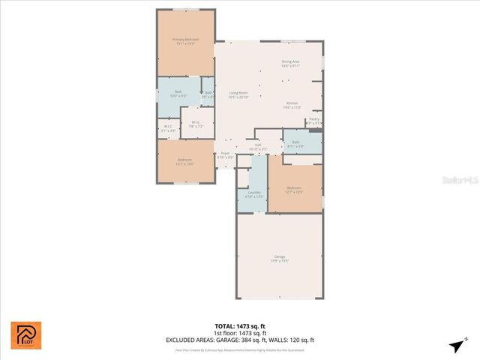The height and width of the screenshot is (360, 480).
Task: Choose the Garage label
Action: click(x=279, y=259)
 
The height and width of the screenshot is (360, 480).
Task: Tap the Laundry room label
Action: click(x=254, y=194)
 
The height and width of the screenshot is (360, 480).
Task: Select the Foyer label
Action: click(x=225, y=154)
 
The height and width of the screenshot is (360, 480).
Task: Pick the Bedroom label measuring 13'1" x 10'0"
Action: click(x=184, y=161)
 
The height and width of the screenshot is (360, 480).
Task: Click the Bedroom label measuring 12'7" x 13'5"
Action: click(x=293, y=190)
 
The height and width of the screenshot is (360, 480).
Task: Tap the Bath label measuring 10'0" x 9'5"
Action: click(x=178, y=94)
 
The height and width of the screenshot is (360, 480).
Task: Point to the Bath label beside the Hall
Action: click(x=295, y=144)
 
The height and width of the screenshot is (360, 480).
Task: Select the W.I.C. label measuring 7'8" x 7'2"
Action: click(x=194, y=124)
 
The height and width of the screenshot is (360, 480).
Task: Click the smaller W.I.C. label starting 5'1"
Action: click(x=169, y=128)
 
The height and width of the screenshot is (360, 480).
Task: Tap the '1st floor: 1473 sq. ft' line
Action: click(x=240, y=333)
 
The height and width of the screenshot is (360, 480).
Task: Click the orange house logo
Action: click(x=26, y=334)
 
